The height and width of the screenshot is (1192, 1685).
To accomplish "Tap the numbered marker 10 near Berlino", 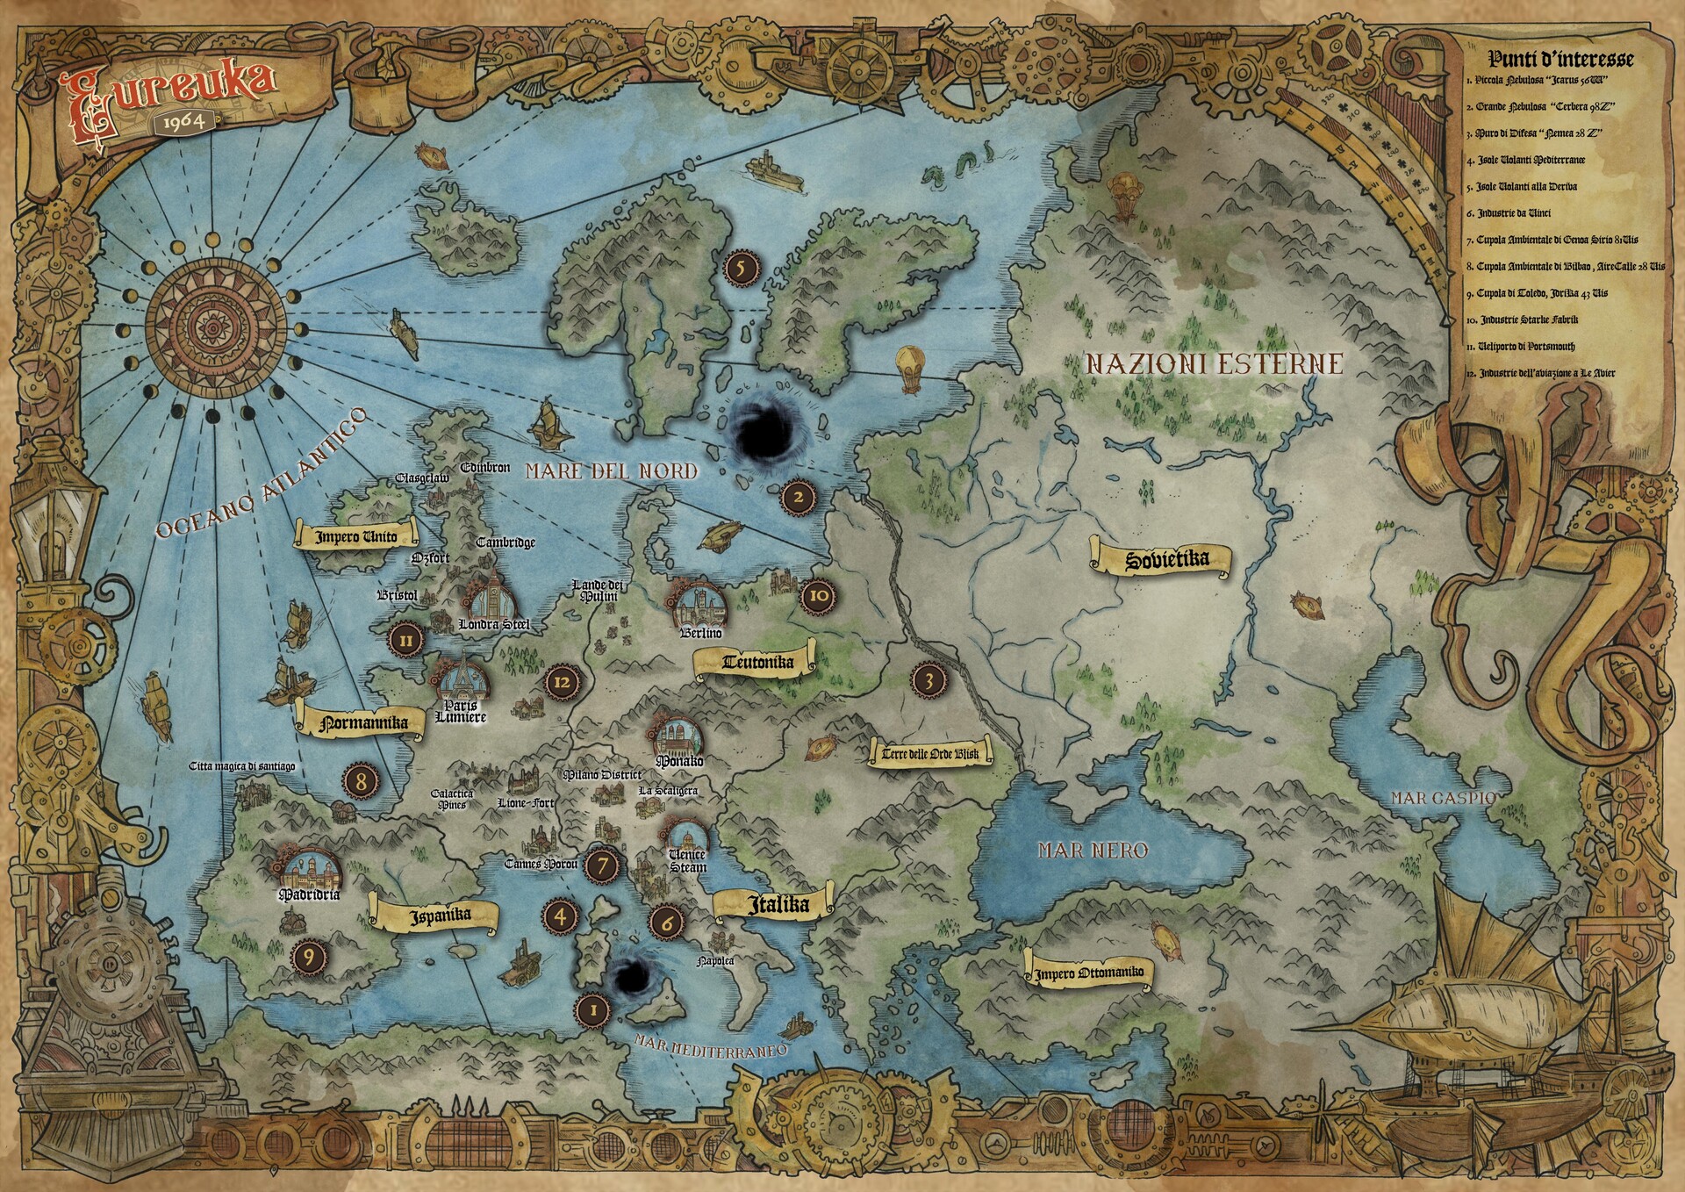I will (x=818, y=595).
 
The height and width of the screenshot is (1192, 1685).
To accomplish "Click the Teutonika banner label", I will (x=757, y=663).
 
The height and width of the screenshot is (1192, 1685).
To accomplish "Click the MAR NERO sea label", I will (x=1093, y=850).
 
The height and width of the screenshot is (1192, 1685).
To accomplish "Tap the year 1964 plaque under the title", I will (x=184, y=121).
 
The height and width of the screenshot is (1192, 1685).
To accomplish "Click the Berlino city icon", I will (x=700, y=606).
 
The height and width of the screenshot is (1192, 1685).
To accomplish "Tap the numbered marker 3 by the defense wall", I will (x=929, y=679).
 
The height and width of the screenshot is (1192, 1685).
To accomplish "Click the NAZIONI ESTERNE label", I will (x=1215, y=363).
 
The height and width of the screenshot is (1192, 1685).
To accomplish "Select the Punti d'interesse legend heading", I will (x=1560, y=59).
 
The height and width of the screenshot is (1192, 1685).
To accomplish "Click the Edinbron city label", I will (x=485, y=468).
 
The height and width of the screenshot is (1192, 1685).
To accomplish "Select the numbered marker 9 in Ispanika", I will (x=309, y=956).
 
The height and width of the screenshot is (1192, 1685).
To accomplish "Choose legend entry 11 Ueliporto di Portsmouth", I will (x=1531, y=347).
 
